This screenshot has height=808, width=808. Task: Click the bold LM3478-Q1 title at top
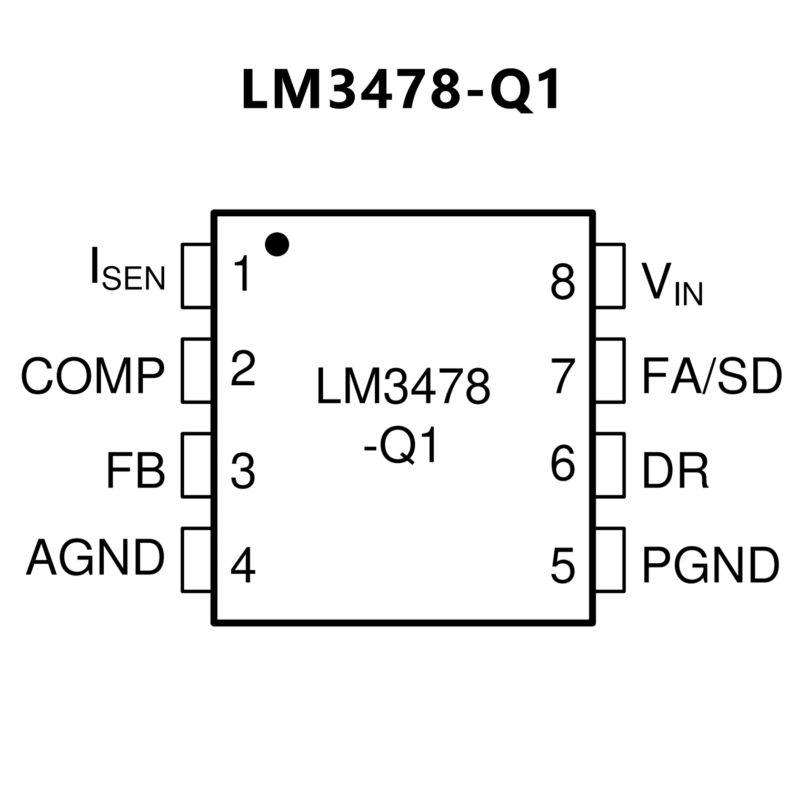[401, 90]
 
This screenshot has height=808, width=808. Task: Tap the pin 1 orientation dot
[277, 244]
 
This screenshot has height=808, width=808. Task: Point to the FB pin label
[135, 470]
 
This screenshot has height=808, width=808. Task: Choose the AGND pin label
[95, 557]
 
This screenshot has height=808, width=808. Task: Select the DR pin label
[675, 470]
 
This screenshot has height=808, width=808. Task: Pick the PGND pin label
[710, 565]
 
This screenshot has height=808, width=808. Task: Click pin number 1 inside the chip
[243, 274]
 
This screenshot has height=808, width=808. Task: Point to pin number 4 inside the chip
[243, 566]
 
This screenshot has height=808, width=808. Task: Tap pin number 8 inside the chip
[563, 283]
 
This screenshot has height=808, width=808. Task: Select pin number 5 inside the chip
[563, 566]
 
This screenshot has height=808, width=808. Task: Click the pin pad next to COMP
[196, 371]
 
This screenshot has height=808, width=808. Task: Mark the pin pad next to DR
[610, 465]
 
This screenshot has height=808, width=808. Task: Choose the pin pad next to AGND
[196, 560]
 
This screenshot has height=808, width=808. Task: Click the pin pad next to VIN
[610, 276]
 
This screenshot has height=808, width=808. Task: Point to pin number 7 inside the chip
[563, 376]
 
